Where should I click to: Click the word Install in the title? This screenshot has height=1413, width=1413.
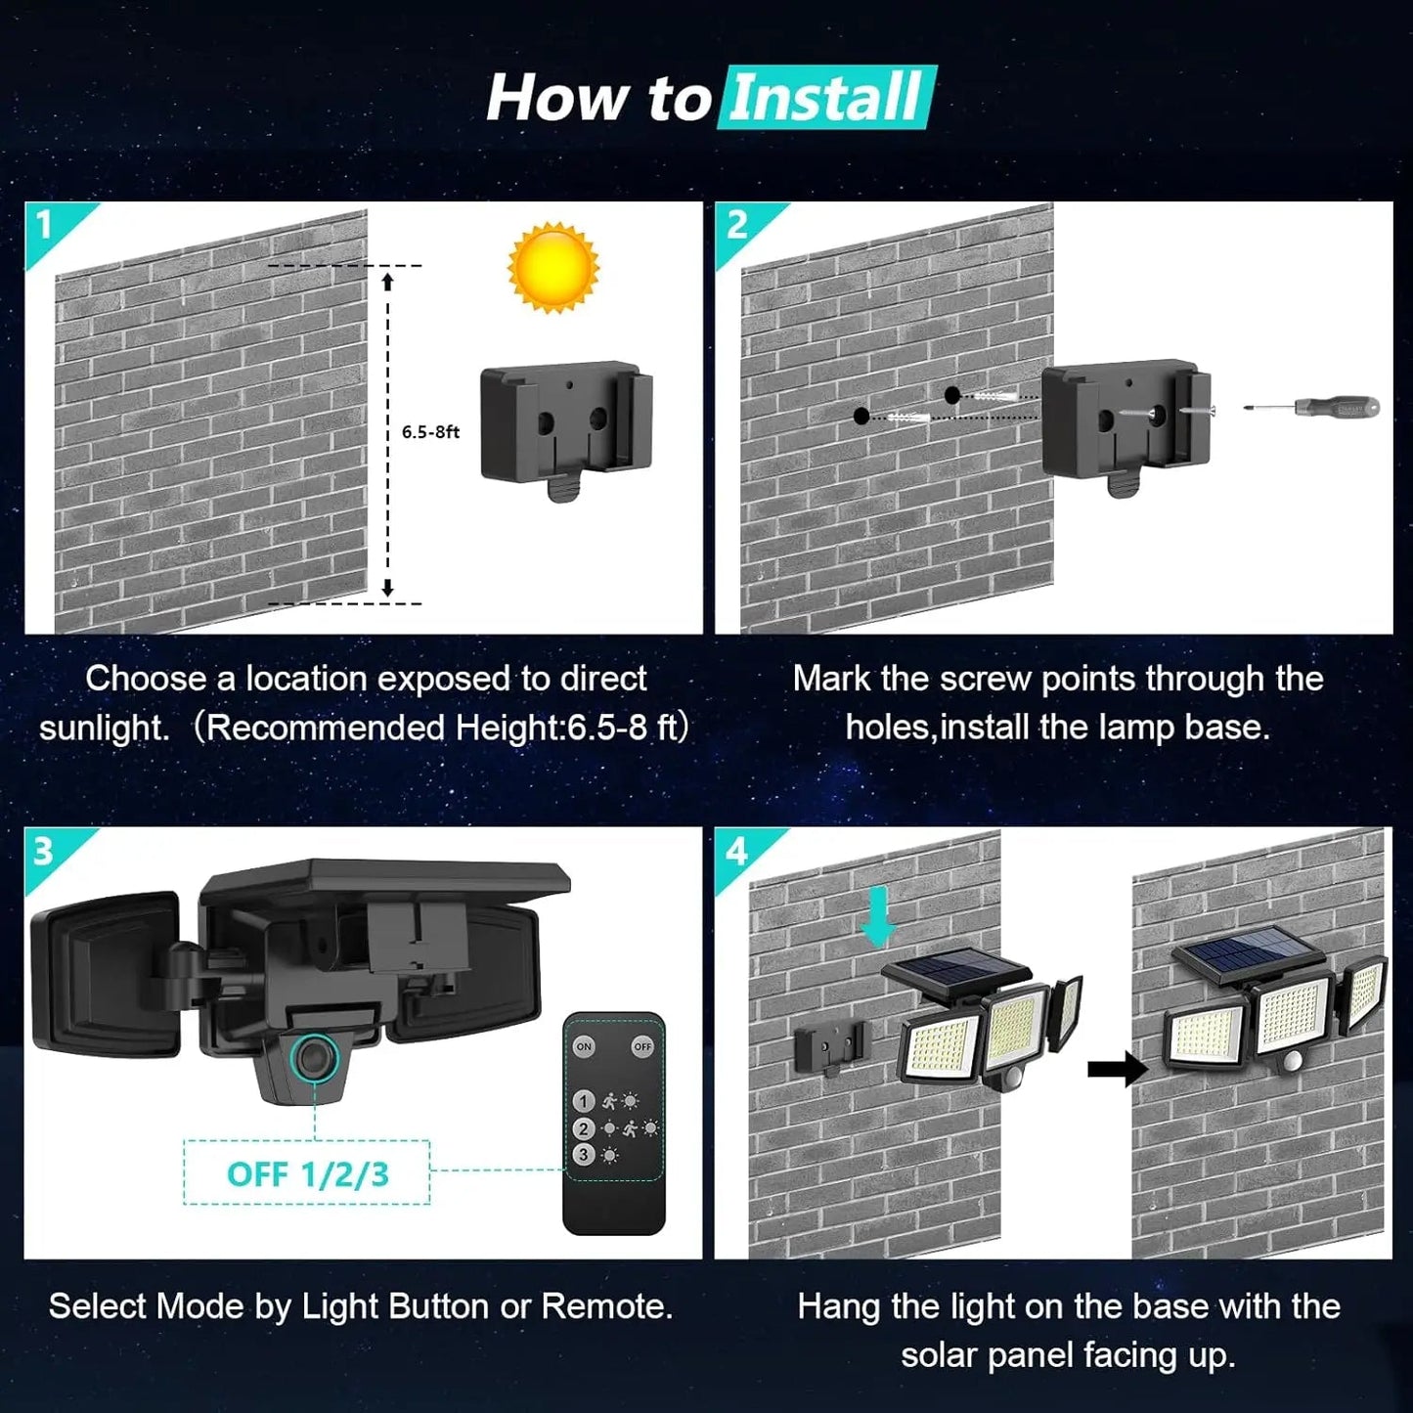826,98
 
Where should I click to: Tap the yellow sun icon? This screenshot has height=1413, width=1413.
552,267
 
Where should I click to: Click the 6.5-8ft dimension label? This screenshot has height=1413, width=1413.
430,431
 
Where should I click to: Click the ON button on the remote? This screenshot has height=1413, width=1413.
584,1046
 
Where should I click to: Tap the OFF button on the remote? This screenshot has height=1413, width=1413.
642,1046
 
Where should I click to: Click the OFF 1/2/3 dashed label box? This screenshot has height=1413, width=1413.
307,1173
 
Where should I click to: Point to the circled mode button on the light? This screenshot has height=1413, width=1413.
314,1058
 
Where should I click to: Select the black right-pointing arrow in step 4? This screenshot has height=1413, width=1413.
1118,1069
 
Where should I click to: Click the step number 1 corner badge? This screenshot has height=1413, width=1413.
44,226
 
